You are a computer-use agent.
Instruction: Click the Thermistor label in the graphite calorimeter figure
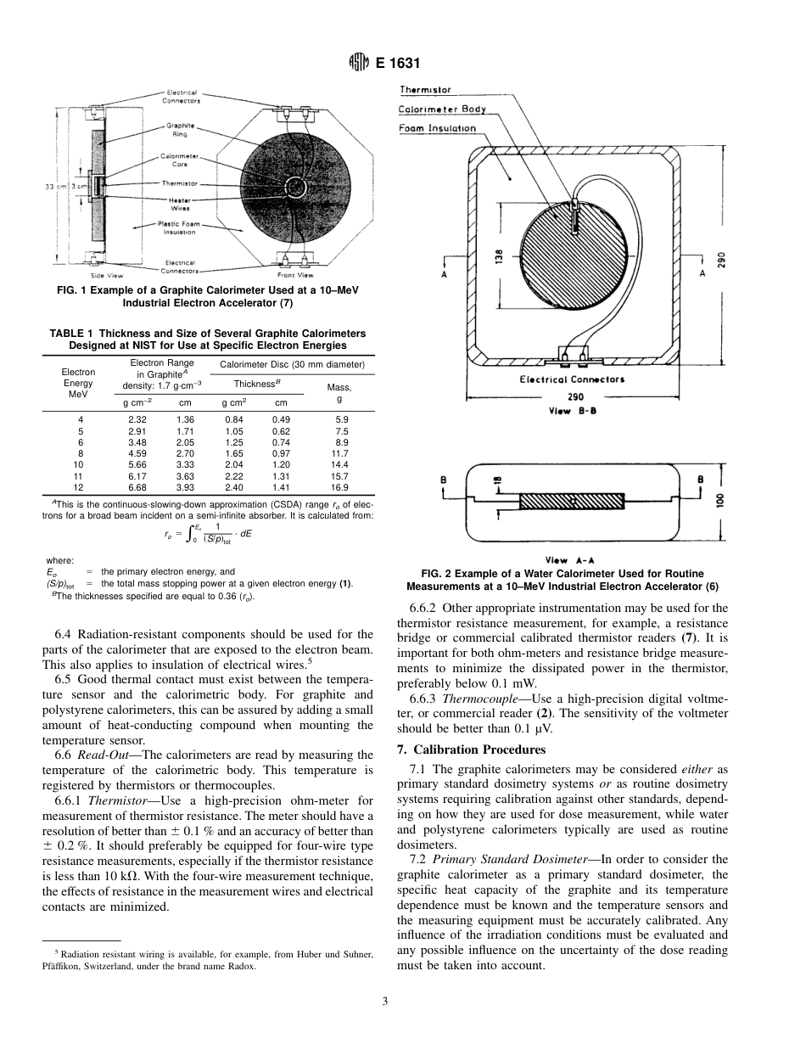pos(179,183)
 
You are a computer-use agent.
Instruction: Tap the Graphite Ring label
pos(180,130)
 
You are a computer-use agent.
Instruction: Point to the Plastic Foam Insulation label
pos(176,227)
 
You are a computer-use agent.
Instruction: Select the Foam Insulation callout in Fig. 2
pos(437,128)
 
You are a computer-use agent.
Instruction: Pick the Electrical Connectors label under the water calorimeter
pos(572,379)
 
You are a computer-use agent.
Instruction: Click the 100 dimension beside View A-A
pos(719,502)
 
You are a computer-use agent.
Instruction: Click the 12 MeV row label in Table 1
pos(80,488)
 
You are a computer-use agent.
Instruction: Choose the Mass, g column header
pos(339,392)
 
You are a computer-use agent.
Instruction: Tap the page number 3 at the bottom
pos(384,1002)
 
